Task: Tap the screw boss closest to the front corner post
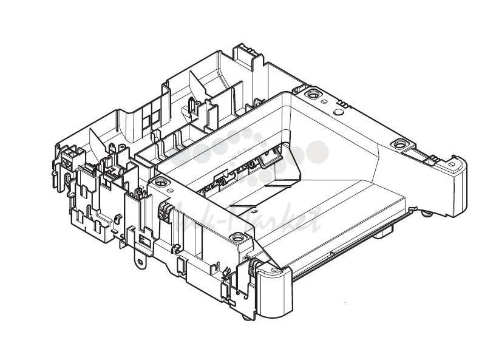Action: click(160, 181)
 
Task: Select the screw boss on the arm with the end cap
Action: click(398, 144)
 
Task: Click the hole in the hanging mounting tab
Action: click(141, 262)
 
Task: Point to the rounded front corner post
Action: click(273, 291)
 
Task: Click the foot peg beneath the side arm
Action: click(429, 212)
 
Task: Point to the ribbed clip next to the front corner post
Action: click(249, 265)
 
